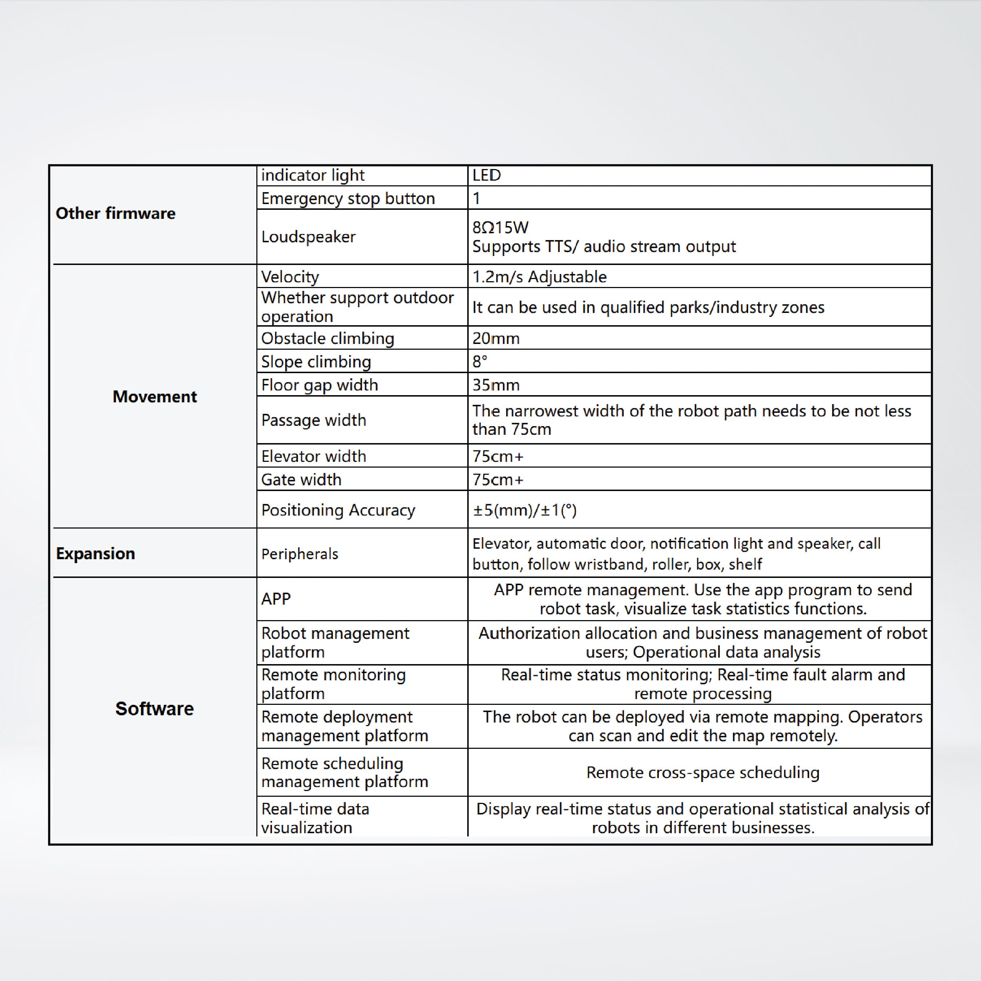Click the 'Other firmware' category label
tap(115, 213)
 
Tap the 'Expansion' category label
tap(96, 553)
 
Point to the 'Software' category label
tap(154, 708)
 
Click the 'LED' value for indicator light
tap(486, 175)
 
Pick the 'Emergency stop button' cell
tap(348, 199)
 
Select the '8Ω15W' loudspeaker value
tap(500, 227)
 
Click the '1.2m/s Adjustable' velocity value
tap(539, 277)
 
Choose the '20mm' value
tap(496, 338)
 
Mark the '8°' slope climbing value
tap(480, 362)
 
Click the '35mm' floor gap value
tap(496, 385)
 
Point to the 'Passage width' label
tap(313, 420)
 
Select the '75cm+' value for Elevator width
tap(498, 456)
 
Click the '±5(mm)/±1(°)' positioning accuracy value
tap(525, 510)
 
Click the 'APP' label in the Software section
tap(276, 598)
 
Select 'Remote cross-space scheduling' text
tap(703, 772)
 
